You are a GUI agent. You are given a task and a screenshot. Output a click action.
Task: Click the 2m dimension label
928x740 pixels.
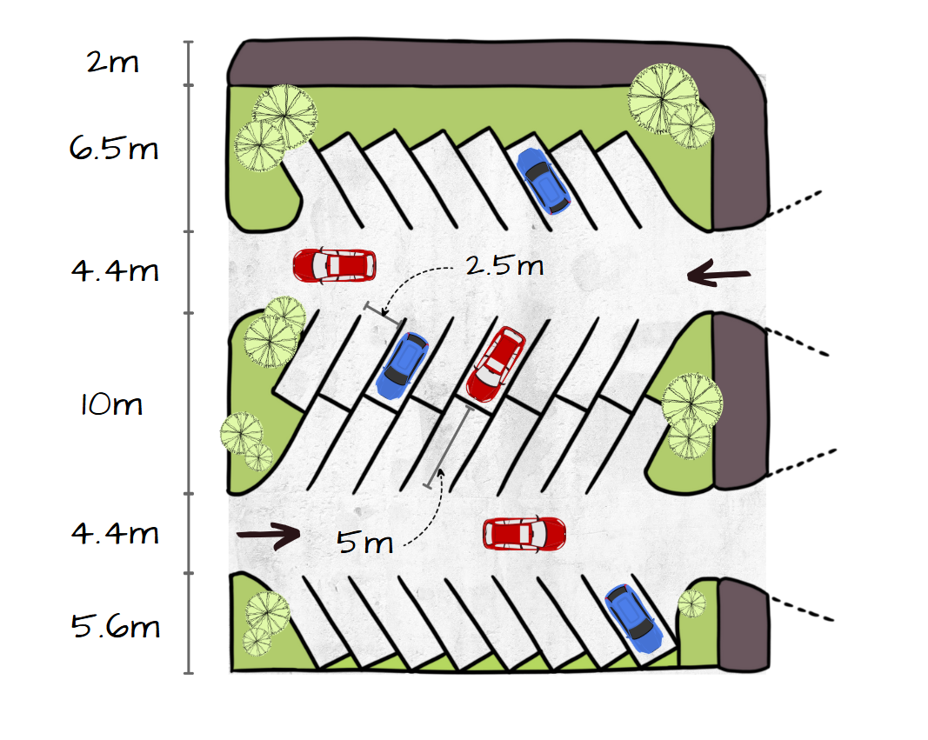(112, 63)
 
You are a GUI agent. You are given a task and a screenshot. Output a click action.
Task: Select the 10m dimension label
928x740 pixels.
(111, 405)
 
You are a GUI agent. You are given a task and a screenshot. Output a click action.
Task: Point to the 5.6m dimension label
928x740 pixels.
(116, 626)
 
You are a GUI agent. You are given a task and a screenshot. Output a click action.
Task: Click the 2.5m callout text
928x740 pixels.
(504, 265)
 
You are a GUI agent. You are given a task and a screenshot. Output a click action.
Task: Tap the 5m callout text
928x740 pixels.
(364, 544)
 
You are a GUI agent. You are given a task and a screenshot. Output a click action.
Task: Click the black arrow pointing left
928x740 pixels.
(718, 276)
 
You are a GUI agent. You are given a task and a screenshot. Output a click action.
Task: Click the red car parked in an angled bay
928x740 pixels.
(496, 363)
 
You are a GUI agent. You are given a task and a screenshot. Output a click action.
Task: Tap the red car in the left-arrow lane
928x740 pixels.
(335, 265)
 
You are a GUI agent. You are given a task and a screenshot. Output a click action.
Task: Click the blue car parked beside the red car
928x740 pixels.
(403, 365)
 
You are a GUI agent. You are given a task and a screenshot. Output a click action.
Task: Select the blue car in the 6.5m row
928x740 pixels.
(544, 181)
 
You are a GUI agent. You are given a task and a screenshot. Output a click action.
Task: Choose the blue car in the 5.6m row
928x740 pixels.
(632, 618)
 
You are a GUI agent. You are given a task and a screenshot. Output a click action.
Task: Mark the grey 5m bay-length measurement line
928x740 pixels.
(448, 447)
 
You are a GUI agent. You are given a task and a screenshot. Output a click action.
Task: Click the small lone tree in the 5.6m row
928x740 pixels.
(692, 603)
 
